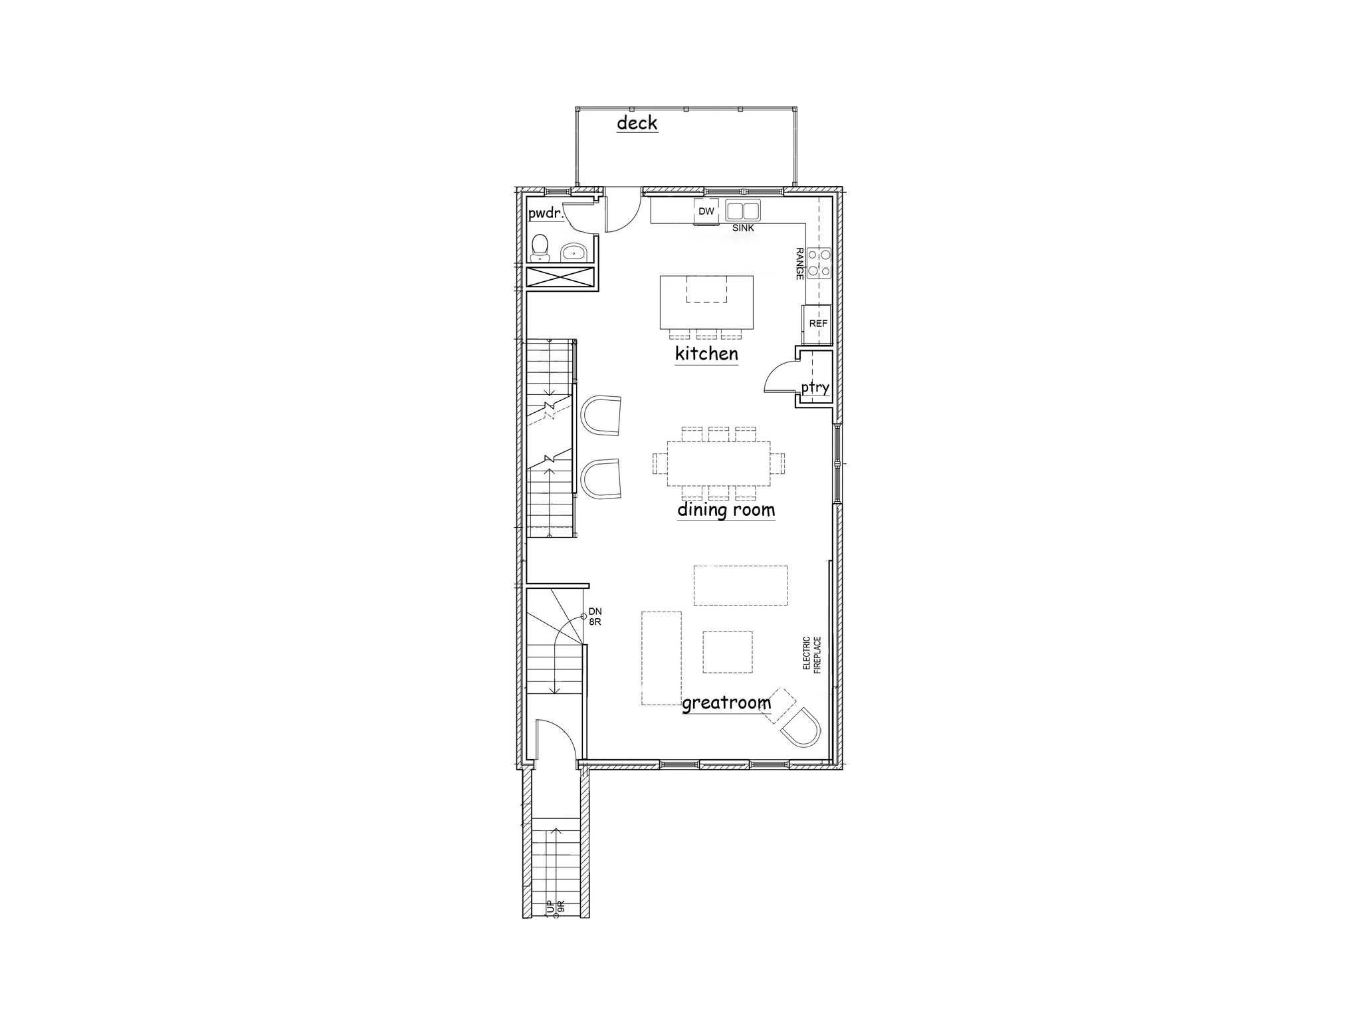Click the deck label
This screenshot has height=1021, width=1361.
637,123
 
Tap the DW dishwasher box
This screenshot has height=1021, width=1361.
706,211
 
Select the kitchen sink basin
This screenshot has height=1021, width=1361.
742,211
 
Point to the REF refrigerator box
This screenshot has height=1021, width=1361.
818,324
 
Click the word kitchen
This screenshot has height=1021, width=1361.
706,354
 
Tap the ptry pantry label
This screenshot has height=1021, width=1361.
815,388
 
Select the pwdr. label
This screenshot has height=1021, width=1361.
546,214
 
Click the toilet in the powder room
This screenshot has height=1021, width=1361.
540,246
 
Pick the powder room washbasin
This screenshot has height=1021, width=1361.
573,252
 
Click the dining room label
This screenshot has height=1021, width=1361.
726,510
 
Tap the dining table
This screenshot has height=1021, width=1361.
718,463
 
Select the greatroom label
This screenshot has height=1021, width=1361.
726,703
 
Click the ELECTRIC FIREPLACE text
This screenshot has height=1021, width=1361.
811,654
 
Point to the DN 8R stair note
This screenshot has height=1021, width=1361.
595,616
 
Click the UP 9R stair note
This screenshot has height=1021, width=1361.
555,907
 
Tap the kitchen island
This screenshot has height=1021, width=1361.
706,302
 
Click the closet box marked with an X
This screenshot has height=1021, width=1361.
560,277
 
